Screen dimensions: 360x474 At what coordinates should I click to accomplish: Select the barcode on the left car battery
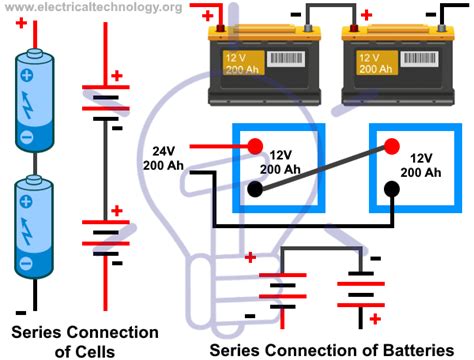[x=281, y=58]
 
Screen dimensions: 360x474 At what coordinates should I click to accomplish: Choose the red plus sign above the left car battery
[x=207, y=15]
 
